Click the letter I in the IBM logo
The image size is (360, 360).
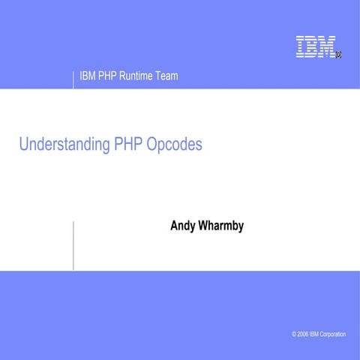(x=300, y=46)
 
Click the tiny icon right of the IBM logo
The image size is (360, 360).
(x=339, y=54)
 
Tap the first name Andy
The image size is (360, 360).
(x=184, y=225)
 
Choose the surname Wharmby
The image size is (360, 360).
(x=221, y=225)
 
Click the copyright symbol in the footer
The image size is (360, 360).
(x=295, y=334)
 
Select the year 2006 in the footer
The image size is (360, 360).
(x=306, y=334)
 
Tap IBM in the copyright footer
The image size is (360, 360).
(x=320, y=334)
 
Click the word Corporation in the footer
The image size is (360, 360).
(x=342, y=334)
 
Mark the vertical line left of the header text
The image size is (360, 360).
(x=73, y=79)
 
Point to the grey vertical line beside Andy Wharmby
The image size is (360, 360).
(x=73, y=245)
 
